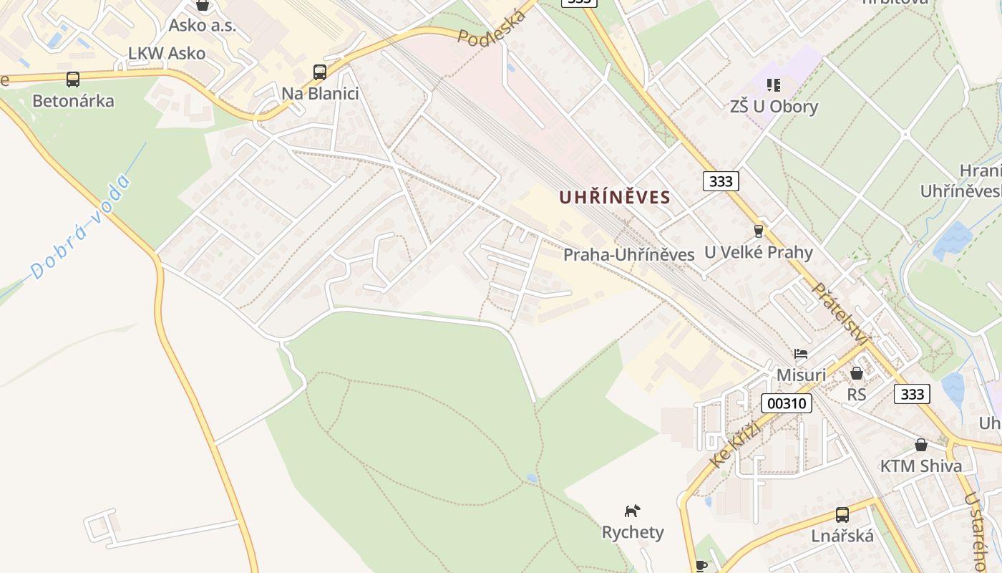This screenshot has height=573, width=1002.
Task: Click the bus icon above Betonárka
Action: pyautogui.click(x=72, y=80)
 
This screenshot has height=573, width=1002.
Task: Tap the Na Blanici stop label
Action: pyautogui.click(x=320, y=94)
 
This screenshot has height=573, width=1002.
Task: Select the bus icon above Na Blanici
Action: pyautogui.click(x=320, y=72)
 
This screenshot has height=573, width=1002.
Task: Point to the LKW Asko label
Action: pyautogui.click(x=167, y=53)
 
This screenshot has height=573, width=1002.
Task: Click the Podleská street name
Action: pyautogui.click(x=492, y=29)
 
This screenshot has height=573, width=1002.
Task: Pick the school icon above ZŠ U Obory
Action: pyautogui.click(x=773, y=85)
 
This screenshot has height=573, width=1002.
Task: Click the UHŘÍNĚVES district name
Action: pyautogui.click(x=614, y=197)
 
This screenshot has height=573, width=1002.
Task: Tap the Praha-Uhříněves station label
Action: pyautogui.click(x=628, y=254)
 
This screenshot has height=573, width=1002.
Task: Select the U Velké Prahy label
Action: pyautogui.click(x=759, y=252)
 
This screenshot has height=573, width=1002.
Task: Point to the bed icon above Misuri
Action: pyautogui.click(x=801, y=354)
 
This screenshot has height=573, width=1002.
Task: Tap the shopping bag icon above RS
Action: pyautogui.click(x=856, y=373)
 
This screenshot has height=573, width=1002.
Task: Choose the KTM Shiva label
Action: pyautogui.click(x=921, y=466)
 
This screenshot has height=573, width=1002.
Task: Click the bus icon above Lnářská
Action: pyautogui.click(x=842, y=514)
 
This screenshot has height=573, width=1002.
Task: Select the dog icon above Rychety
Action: pyautogui.click(x=632, y=511)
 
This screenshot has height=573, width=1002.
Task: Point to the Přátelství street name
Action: pyautogui.click(x=842, y=314)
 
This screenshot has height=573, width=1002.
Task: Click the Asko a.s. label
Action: pyautogui.click(x=203, y=26)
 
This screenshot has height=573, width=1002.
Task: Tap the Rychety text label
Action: pyautogui.click(x=633, y=532)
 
